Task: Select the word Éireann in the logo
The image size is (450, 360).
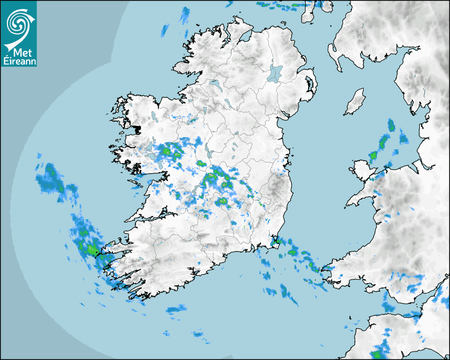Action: pyautogui.click(x=19, y=61)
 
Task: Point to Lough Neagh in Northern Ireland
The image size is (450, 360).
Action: pyautogui.click(x=275, y=73)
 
